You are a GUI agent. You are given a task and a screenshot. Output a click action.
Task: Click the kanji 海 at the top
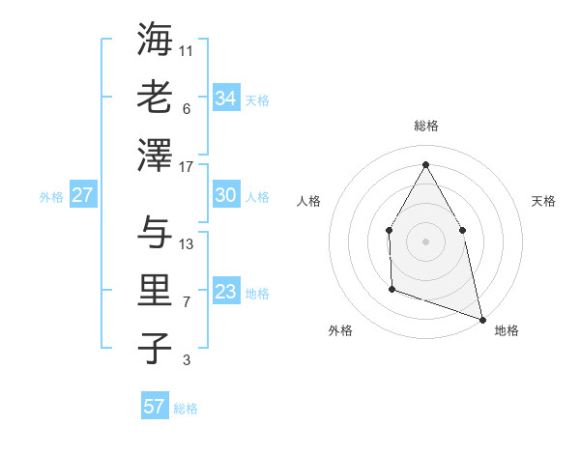(x=155, y=41)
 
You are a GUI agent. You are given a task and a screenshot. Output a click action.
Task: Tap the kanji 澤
(x=155, y=154)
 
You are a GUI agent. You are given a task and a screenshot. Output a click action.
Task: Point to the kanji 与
(x=155, y=233)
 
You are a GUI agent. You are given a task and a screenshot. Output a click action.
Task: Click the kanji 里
(x=155, y=291)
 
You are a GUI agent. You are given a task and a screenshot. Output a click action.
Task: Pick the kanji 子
(x=155, y=348)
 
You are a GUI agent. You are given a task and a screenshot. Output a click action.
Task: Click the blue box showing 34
(x=225, y=99)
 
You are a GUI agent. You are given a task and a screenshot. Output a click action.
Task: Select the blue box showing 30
(x=225, y=195)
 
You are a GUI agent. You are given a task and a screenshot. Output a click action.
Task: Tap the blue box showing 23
(x=225, y=293)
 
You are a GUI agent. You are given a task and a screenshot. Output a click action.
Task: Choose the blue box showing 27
(x=82, y=195)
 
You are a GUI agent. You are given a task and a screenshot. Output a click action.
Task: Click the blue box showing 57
(x=154, y=407)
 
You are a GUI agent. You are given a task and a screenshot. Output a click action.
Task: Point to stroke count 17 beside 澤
(x=187, y=166)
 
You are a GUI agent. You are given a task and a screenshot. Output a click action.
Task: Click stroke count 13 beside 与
(x=187, y=244)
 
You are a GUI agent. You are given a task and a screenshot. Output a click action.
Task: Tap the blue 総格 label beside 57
(x=186, y=409)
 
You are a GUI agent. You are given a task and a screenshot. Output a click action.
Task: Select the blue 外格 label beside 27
(x=51, y=197)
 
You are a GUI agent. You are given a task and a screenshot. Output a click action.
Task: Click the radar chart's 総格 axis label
(x=425, y=126)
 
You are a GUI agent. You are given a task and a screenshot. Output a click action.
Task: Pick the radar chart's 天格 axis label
(x=543, y=201)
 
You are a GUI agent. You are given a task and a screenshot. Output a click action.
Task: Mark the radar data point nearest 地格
(x=481, y=318)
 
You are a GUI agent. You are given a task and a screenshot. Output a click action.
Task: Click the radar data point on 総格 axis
(x=425, y=163)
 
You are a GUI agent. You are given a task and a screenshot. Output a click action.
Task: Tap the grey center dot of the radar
(x=425, y=241)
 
